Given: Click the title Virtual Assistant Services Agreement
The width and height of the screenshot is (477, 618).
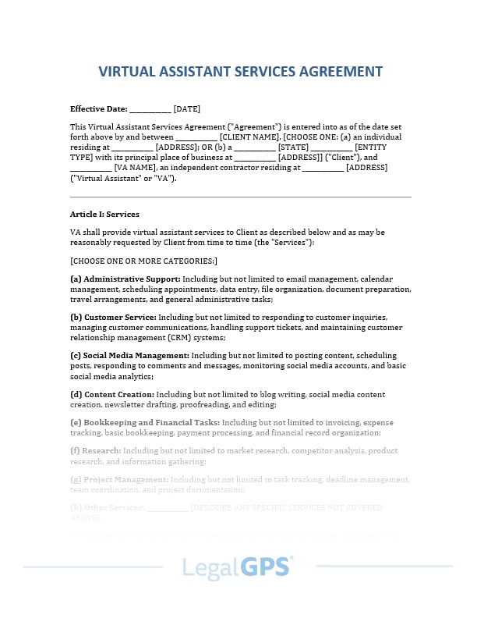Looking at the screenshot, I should (240, 72).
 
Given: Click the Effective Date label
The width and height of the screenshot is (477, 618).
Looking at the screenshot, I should (98, 108).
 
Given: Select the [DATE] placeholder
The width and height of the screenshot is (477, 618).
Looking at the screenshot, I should (186, 108).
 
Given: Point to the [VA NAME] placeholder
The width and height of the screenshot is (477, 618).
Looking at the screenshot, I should (134, 167).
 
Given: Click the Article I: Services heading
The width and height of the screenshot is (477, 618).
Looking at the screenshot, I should (104, 214).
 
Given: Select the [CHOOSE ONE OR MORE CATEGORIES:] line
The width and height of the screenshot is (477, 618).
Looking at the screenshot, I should (143, 261).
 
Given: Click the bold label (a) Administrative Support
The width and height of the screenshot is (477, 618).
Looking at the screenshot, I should (125, 279).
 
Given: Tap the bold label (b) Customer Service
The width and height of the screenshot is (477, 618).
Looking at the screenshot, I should (113, 318).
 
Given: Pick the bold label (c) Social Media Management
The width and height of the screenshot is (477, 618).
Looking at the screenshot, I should (129, 355).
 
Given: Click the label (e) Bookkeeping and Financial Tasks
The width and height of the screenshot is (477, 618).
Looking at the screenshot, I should (140, 422).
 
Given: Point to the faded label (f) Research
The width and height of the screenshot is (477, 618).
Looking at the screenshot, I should (96, 450).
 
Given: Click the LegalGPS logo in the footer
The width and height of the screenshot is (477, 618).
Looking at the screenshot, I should (238, 566).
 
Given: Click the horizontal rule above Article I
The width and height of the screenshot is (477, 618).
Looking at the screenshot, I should (240, 197).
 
